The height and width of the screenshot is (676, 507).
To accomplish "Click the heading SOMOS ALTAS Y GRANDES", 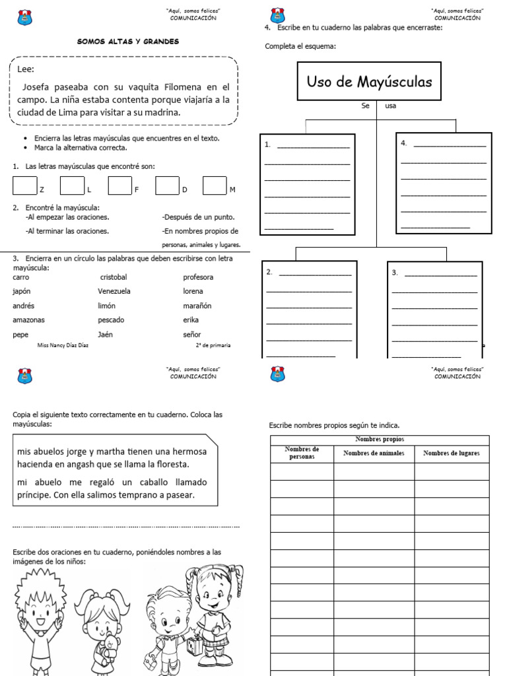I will (128, 42).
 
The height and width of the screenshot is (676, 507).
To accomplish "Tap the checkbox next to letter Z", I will (25, 186).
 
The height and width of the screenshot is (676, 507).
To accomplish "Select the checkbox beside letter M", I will (215, 186).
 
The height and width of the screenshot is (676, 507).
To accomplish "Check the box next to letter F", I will (120, 186).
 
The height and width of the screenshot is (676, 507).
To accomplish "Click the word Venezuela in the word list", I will (114, 291).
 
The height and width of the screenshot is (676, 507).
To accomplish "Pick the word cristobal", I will (113, 277).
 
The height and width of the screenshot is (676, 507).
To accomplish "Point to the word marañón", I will (197, 306).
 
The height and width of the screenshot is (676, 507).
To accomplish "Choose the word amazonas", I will (28, 320).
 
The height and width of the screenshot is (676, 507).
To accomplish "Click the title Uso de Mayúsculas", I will (369, 83).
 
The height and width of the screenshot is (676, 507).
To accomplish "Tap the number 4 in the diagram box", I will (403, 143).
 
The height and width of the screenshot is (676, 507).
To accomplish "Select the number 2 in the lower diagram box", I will (269, 271).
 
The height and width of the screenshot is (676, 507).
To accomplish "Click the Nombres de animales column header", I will (374, 453).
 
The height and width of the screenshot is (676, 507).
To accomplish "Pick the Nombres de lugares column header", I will (452, 453).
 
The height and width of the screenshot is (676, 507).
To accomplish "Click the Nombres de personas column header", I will (302, 453).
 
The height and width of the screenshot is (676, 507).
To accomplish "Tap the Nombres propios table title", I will (379, 440).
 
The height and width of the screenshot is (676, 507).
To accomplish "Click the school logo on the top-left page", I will (24, 18).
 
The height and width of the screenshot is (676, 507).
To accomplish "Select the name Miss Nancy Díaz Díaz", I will (64, 345).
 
